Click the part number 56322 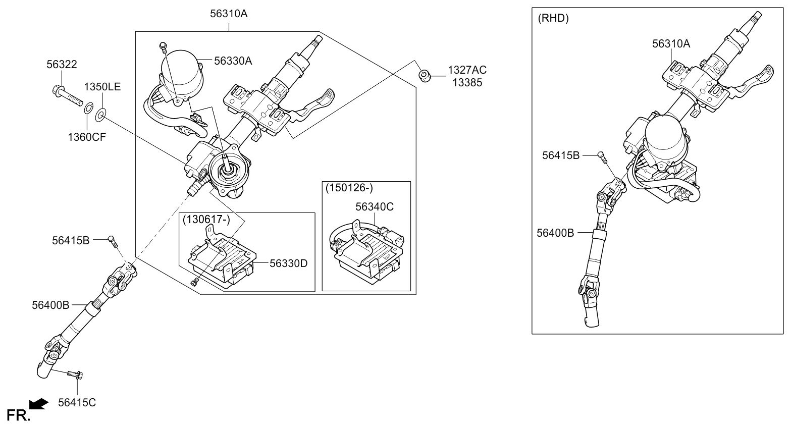click(62, 64)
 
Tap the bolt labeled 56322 click(68, 93)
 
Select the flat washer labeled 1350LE click(101, 115)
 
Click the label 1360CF click(87, 137)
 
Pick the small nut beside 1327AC click(425, 76)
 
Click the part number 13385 click(467, 83)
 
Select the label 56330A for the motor click(233, 61)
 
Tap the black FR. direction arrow click(38, 404)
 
